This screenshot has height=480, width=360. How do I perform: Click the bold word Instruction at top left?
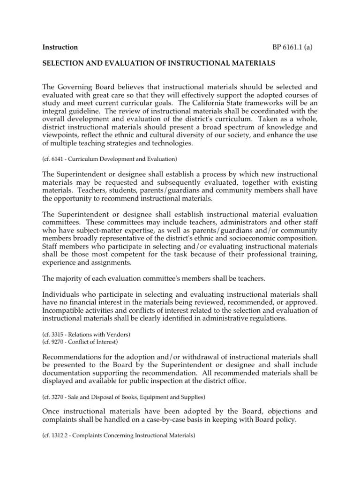click(60, 47)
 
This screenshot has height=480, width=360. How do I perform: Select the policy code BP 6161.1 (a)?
click(292, 47)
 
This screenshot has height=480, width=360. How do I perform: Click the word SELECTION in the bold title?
click(64, 62)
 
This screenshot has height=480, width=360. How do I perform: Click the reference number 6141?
click(58, 159)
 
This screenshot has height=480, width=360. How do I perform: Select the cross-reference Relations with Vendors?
click(104, 334)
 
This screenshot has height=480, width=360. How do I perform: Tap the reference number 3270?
click(58, 397)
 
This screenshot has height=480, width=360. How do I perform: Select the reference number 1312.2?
click(60, 435)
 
